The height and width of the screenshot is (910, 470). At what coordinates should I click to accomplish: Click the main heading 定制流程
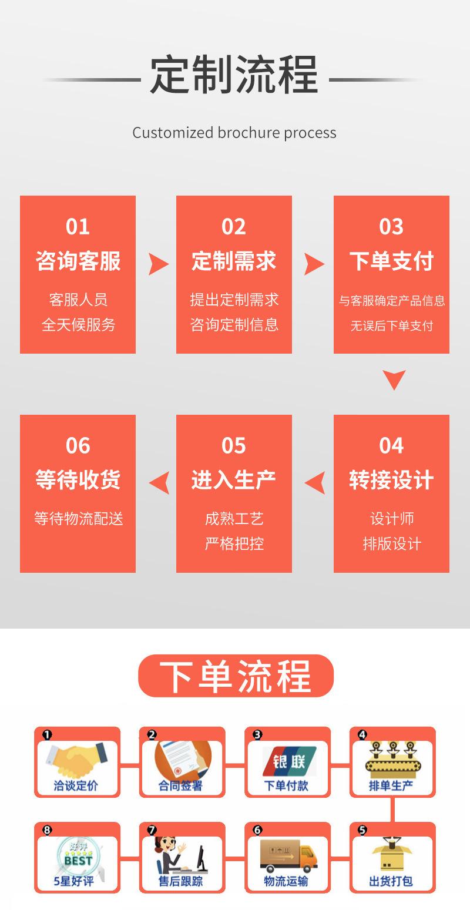234,75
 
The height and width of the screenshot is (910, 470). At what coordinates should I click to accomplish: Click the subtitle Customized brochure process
234,133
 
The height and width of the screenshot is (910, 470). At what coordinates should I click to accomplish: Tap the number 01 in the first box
78,226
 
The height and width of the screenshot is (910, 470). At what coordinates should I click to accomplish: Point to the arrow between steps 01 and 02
157,264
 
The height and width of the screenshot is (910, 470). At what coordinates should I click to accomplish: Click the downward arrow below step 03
394,380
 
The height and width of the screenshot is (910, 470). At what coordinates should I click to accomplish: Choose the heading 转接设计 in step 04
391,480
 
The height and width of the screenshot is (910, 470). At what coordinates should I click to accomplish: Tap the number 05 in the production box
234,446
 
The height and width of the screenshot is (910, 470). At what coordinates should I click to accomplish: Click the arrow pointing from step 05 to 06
158,483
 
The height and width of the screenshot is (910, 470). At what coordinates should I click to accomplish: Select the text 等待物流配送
78,519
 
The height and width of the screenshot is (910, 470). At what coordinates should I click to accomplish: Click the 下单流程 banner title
236,676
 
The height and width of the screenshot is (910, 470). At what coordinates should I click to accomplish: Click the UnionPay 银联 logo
288,761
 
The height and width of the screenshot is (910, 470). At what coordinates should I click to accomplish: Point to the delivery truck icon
288,855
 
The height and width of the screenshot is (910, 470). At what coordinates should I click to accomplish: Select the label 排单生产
391,785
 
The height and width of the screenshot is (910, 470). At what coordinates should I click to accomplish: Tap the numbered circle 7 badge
152,830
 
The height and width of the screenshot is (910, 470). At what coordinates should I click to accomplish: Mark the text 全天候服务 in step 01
78,325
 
